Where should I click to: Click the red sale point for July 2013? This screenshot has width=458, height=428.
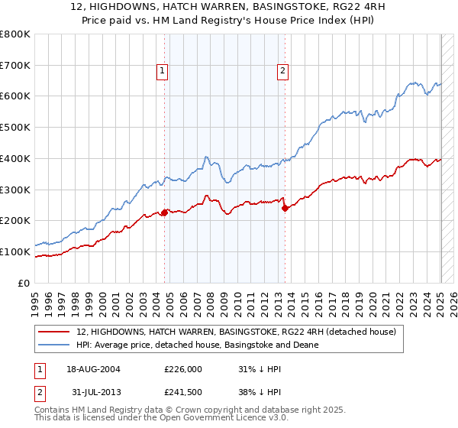(x=285, y=207)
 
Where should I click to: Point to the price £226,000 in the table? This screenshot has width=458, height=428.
(x=182, y=369)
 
